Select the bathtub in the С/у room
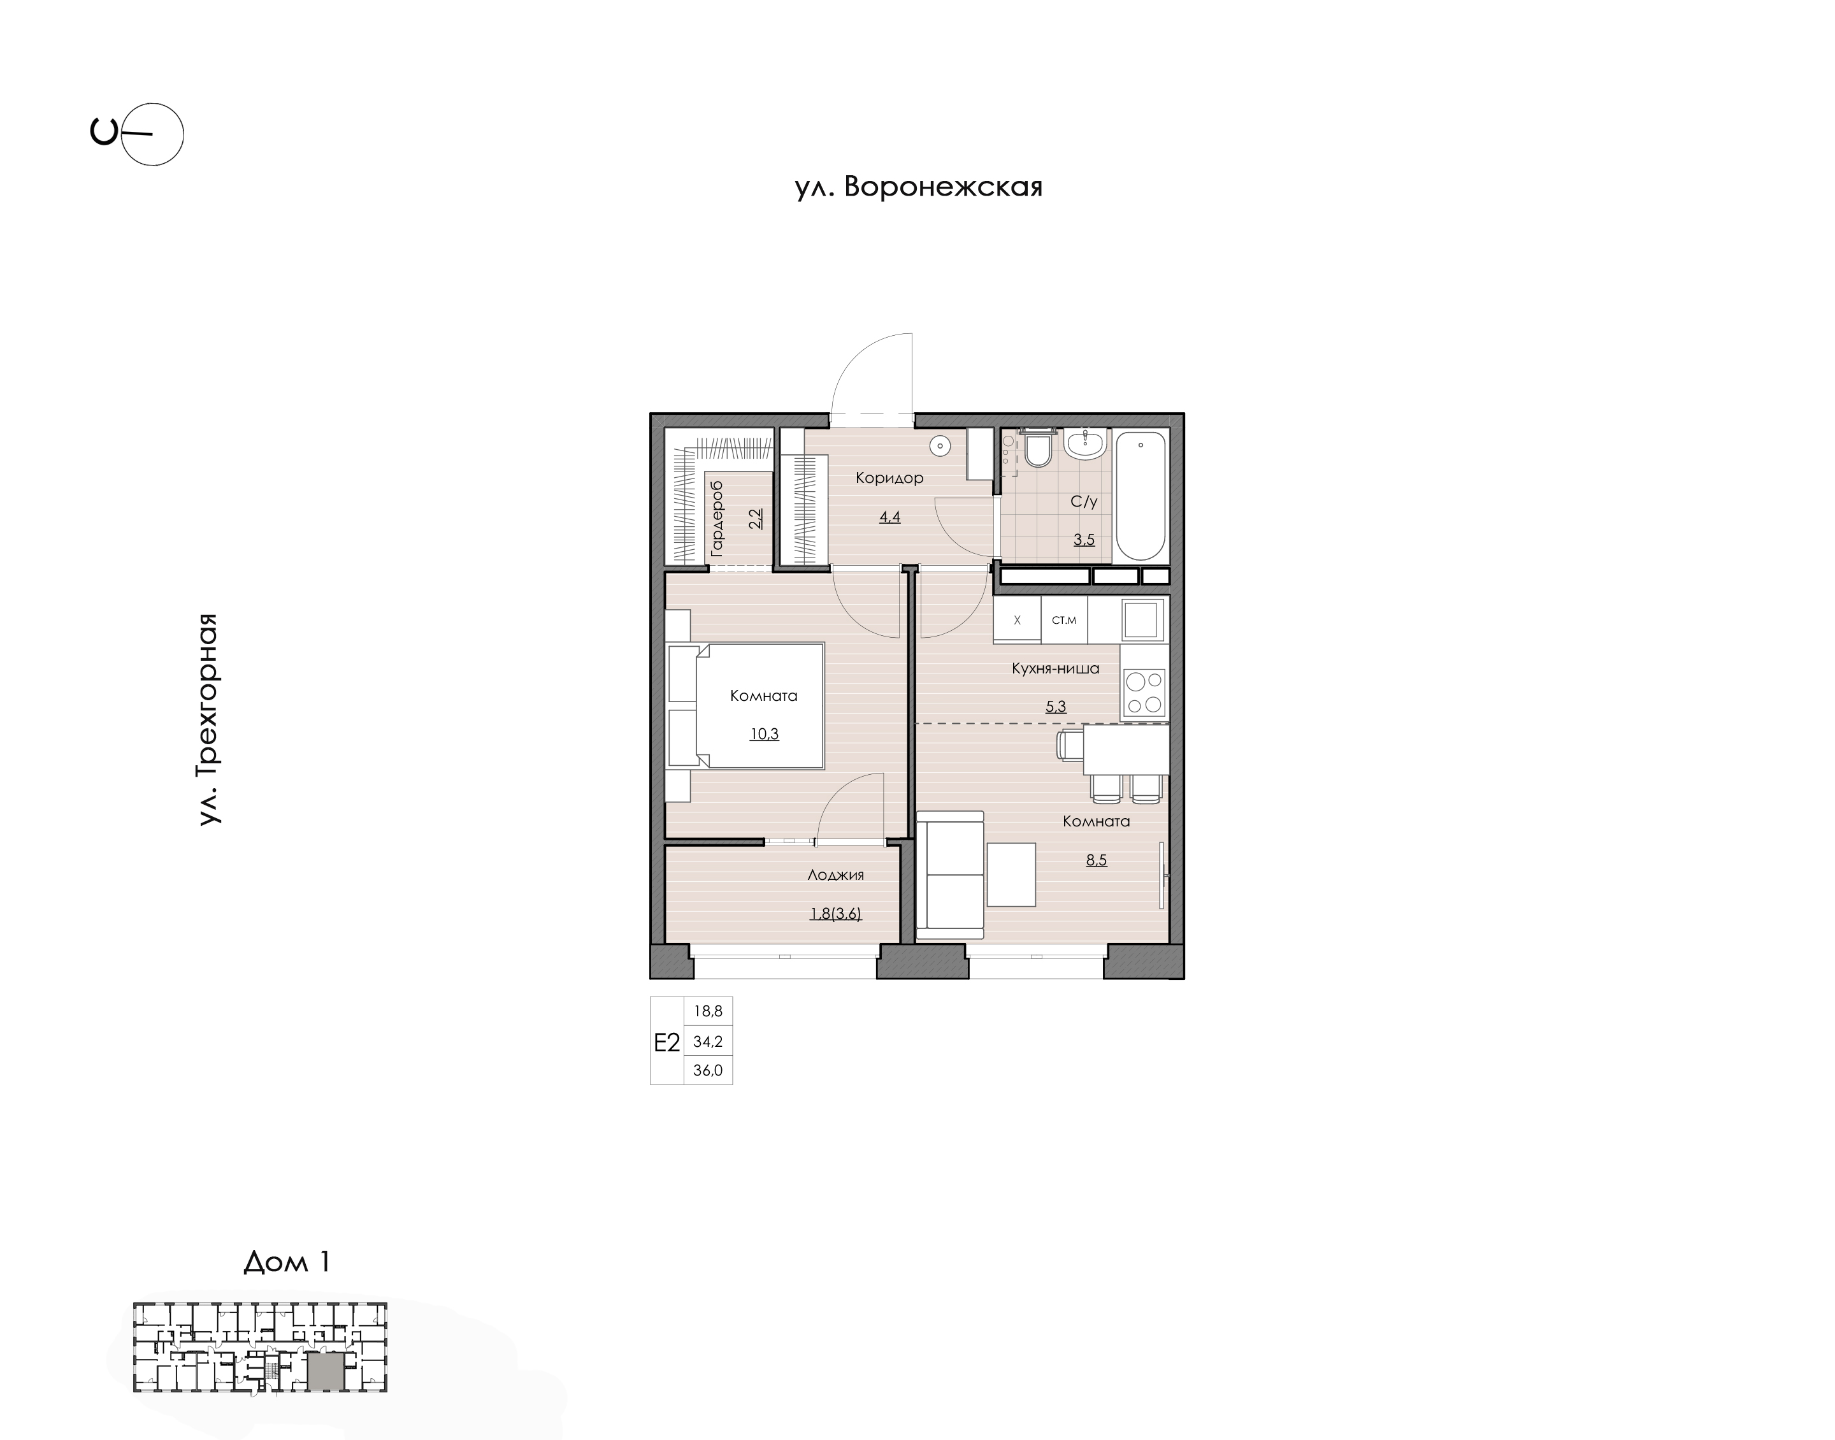click(x=1141, y=496)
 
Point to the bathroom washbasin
click(x=1085, y=443)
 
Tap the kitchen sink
click(x=1142, y=621)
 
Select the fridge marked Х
click(x=1018, y=620)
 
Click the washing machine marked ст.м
click(x=1065, y=620)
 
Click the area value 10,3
click(x=765, y=734)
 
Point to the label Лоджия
click(x=835, y=875)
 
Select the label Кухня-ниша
click(x=1055, y=668)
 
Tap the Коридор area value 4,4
click(x=890, y=517)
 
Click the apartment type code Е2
click(x=666, y=1043)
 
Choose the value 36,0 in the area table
click(x=708, y=1070)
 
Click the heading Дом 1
click(x=287, y=1262)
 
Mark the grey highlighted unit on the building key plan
click(x=326, y=1371)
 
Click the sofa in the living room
click(x=950, y=875)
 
